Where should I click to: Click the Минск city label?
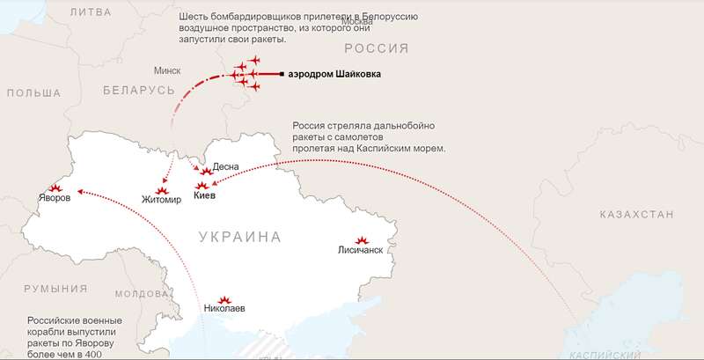click(166, 70)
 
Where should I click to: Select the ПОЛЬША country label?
click(33, 92)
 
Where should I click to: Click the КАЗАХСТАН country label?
click(635, 214)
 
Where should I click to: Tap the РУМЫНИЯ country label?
click(55, 289)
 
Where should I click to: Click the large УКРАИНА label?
click(240, 237)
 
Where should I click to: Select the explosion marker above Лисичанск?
click(361, 239)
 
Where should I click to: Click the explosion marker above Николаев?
click(224, 299)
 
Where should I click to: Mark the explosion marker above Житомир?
click(165, 189)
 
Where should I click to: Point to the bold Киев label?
click(204, 196)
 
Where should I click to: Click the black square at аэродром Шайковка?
click(281, 75)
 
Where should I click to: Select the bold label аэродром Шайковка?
click(335, 75)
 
